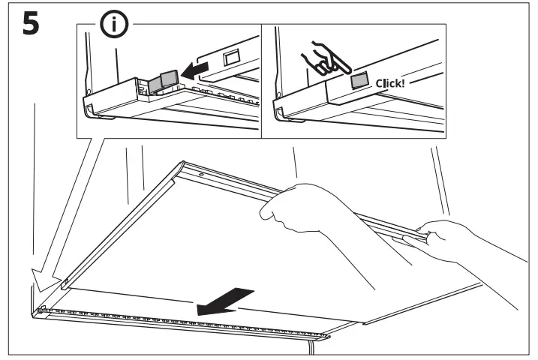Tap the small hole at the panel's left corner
(66, 283)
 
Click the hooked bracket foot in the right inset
(281, 114)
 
